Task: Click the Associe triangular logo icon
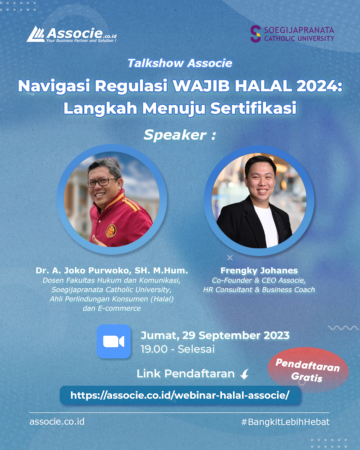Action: (36, 34)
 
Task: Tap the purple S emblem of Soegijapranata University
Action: (255, 34)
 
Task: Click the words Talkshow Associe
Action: (180, 63)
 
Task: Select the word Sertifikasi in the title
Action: (253, 108)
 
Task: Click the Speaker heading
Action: (180, 135)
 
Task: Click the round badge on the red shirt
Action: (111, 230)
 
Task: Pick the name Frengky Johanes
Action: (259, 270)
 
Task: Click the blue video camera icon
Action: (114, 341)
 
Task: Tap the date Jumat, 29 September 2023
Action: (215, 335)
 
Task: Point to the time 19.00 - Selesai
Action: (178, 349)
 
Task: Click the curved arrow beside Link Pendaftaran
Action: (245, 374)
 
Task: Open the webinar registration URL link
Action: (180, 395)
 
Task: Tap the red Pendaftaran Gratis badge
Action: (308, 370)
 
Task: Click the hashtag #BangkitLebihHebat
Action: (285, 422)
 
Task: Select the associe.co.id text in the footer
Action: (57, 422)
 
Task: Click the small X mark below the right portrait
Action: (230, 257)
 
